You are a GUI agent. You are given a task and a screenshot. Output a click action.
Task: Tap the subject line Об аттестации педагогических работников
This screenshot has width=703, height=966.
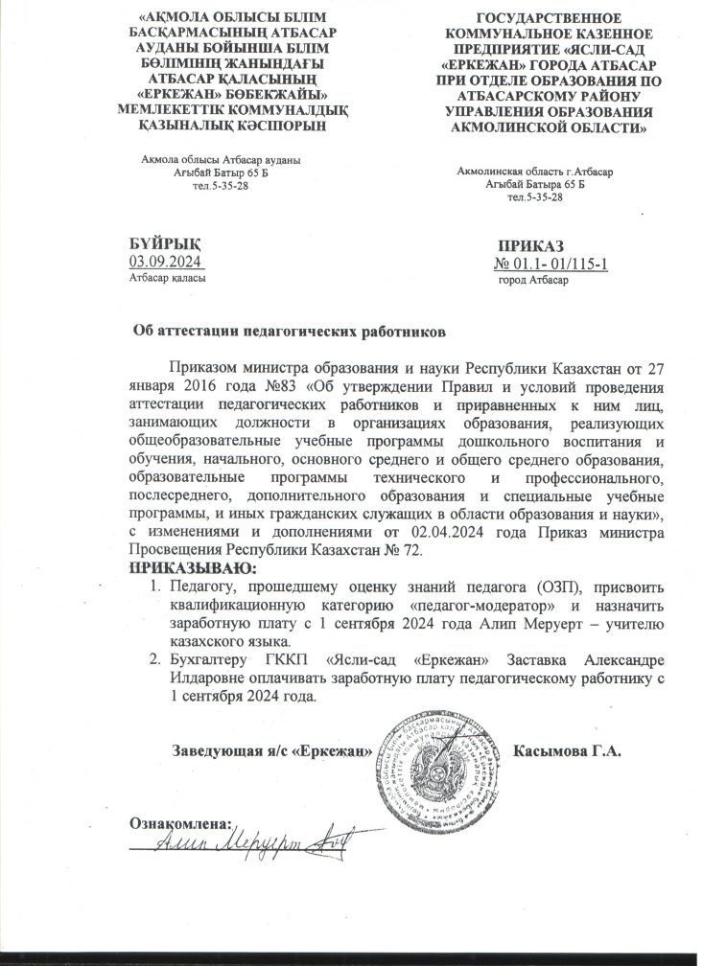pyautogui.click(x=289, y=330)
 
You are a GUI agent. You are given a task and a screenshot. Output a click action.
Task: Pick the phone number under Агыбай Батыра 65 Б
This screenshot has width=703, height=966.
pyautogui.click(x=535, y=196)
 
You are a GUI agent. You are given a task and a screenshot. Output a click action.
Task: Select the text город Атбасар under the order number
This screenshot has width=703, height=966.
pyautogui.click(x=534, y=279)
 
